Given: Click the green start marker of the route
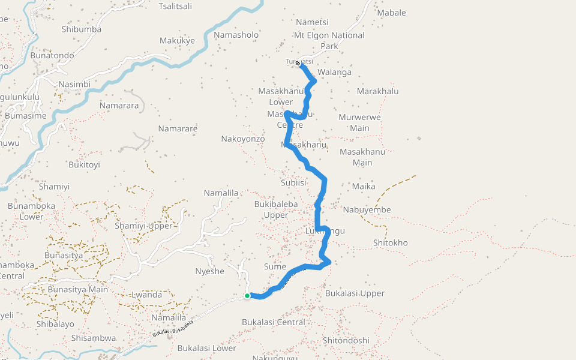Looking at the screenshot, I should point(247,296).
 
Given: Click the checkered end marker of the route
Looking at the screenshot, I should point(298,63).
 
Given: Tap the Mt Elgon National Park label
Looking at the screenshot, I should point(329,40).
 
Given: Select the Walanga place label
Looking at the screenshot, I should point(334,72).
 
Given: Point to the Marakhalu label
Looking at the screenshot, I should point(377,91).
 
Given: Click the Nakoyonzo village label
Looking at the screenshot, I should point(243,139).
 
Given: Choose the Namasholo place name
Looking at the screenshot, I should point(236,35).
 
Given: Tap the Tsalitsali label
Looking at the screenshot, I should point(175,6).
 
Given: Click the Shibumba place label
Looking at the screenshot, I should point(82,29).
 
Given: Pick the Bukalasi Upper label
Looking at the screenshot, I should point(355,293).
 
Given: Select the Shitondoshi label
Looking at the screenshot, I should point(346,340).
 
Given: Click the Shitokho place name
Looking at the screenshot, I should point(390,242).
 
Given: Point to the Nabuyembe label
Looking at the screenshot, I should point(367,209).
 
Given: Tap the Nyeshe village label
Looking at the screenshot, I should point(209,271).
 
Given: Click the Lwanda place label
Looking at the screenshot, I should point(146,295).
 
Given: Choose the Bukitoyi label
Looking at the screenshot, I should point(84,164).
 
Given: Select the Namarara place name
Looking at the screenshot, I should point(119,106).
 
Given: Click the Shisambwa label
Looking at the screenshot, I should point(94,338).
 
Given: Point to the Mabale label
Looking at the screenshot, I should point(391,13).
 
